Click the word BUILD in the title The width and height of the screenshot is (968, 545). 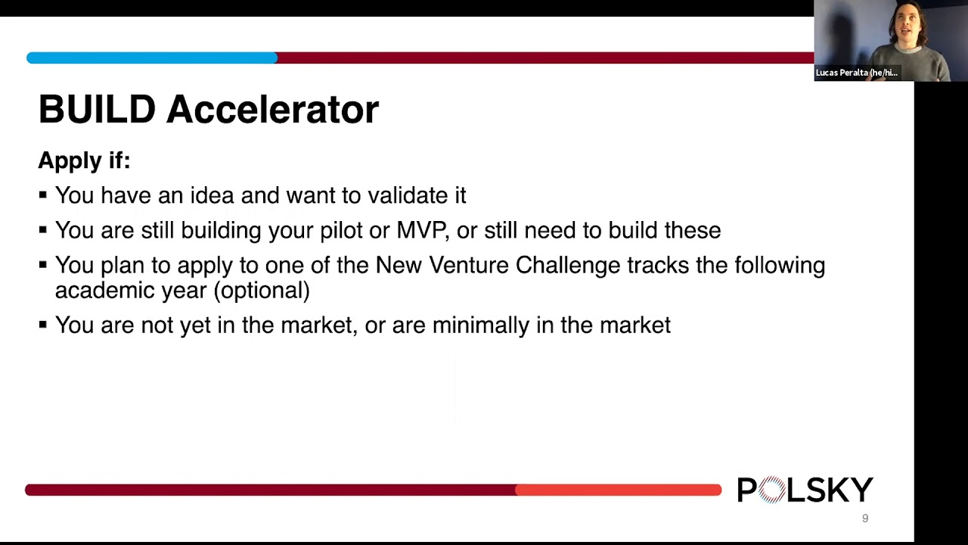97,110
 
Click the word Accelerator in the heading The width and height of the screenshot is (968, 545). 272,110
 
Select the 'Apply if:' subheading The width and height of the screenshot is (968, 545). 84,160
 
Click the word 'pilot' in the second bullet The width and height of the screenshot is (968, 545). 340,230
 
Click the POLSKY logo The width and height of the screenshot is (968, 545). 805,490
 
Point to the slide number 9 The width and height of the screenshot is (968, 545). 865,519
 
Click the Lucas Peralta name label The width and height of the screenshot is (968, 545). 856,73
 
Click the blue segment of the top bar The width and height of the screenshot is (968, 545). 151,58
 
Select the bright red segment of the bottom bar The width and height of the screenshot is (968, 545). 618,490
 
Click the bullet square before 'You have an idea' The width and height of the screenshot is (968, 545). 42,195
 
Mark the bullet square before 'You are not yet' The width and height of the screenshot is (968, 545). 42,325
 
